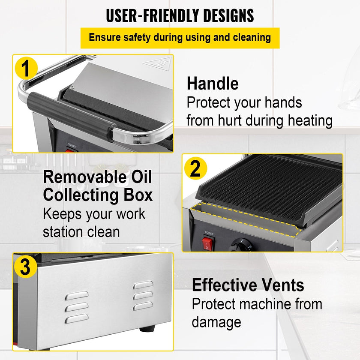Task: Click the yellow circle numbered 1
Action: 26,68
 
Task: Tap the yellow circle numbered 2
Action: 195,168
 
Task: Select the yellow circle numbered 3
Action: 25,267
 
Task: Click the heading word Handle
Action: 213,83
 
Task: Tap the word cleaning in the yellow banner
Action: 252,37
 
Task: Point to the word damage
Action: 216,322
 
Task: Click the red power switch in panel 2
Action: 207,243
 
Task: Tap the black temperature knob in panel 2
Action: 240,245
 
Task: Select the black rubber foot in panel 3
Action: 147,329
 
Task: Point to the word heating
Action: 310,121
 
